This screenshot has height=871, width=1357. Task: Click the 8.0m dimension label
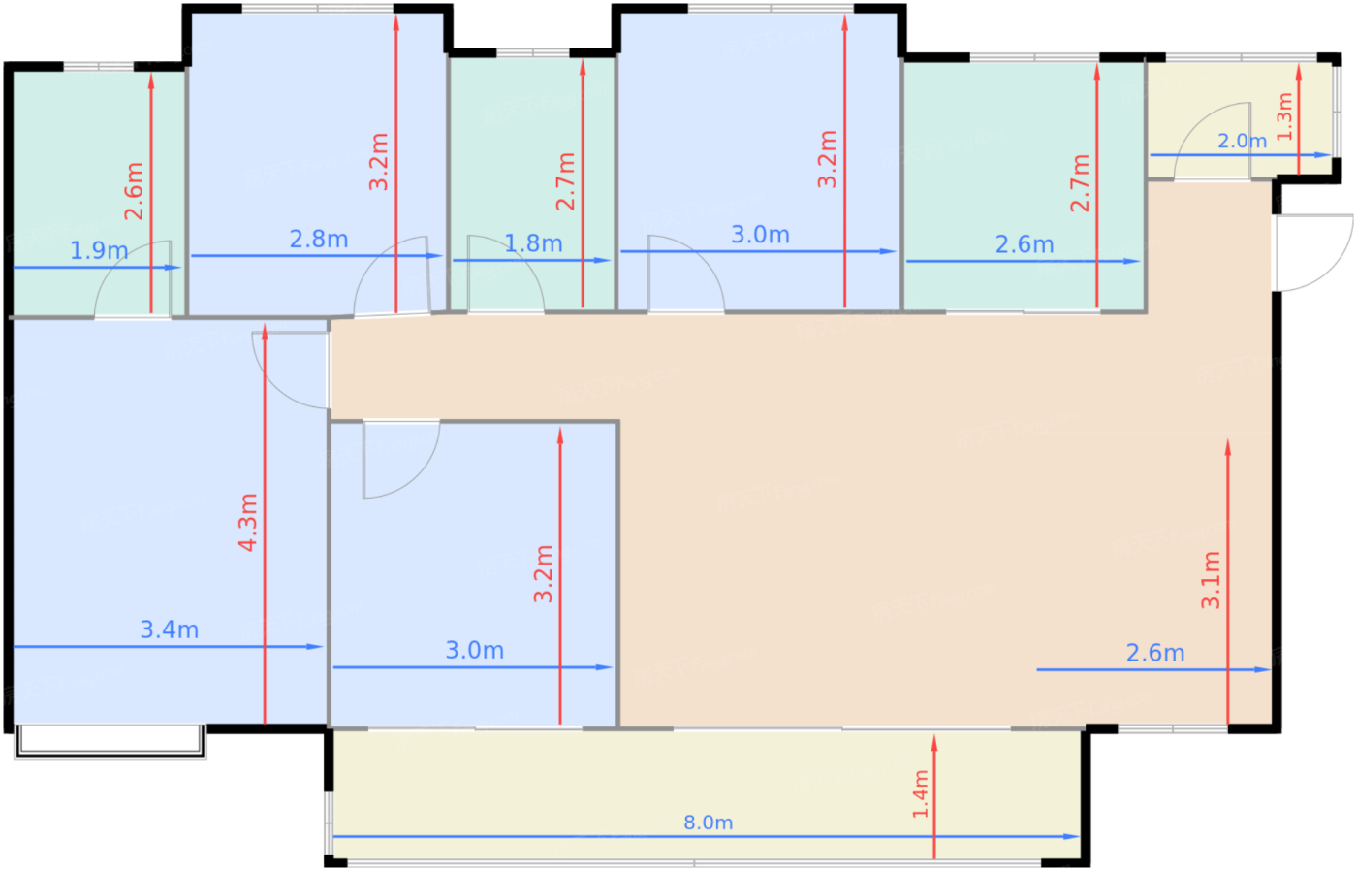[x=709, y=823]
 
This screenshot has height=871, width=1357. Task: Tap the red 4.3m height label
[x=248, y=523]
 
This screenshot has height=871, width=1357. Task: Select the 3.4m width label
[x=170, y=629]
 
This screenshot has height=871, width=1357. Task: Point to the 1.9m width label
[x=99, y=250]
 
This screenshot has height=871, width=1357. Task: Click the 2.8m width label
[x=319, y=240]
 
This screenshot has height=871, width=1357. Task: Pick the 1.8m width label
[x=533, y=243]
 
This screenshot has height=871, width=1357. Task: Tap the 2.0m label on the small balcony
[x=1242, y=142]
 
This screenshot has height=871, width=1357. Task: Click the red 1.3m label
[x=1284, y=116]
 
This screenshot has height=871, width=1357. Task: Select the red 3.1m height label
[x=1211, y=580]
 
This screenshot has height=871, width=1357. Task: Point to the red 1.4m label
[x=920, y=794]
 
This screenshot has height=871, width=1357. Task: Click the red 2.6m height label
[x=134, y=191]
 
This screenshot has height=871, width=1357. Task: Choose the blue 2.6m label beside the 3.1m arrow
[x=1155, y=653]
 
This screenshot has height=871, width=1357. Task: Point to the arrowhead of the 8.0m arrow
[x=1072, y=836]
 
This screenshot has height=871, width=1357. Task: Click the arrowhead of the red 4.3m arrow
[x=265, y=332]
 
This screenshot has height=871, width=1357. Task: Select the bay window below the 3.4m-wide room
[x=110, y=741]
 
